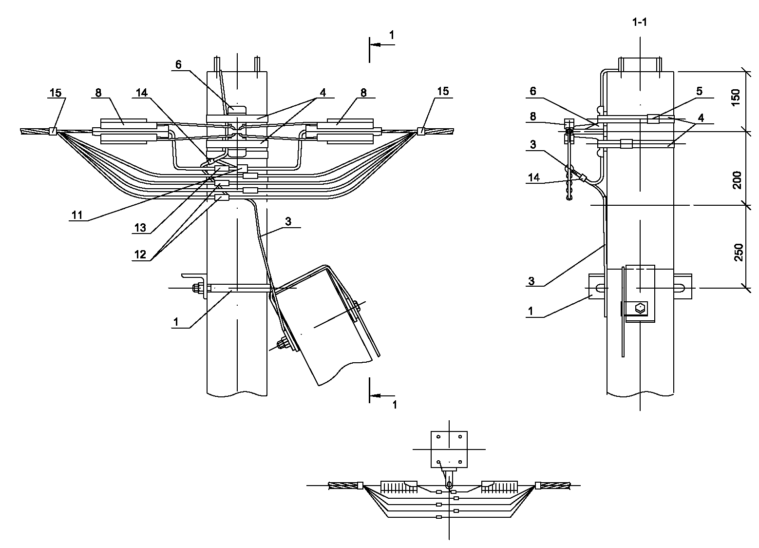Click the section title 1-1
pyautogui.click(x=639, y=22)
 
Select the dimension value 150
pyautogui.click(x=736, y=98)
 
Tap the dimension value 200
pyautogui.click(x=737, y=180)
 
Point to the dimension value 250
pyautogui.click(x=738, y=252)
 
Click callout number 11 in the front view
pyautogui.click(x=77, y=215)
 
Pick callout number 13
pyautogui.click(x=140, y=228)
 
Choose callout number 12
pyautogui.click(x=140, y=254)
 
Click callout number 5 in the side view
pyautogui.click(x=700, y=91)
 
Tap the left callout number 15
pyautogui.click(x=56, y=93)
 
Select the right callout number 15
pyautogui.click(x=443, y=91)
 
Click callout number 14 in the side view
pyautogui.click(x=533, y=177)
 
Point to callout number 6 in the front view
pyautogui.click(x=178, y=64)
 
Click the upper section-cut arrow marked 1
pyautogui.click(x=382, y=44)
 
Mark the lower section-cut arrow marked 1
pyautogui.click(x=382, y=395)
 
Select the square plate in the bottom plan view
pyautogui.click(x=449, y=450)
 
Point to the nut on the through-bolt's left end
pyautogui.click(x=196, y=288)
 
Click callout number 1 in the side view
pyautogui.click(x=531, y=311)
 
